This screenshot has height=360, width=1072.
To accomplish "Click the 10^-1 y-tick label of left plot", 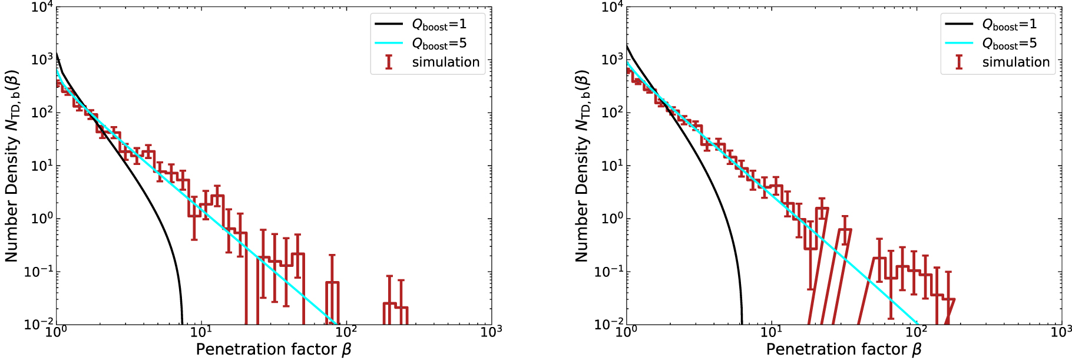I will [39, 272].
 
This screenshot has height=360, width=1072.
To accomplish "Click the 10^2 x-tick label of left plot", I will [346, 332].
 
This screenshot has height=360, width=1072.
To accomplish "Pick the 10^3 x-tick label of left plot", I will [491, 332].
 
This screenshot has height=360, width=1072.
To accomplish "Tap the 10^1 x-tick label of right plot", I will [772, 332].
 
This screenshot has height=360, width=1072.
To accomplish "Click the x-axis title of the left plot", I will [273, 349].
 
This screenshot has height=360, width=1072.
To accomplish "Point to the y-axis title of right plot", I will [582, 166].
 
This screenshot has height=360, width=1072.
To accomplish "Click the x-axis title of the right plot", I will [843, 349].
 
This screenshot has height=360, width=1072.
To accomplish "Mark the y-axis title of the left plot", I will [12, 166].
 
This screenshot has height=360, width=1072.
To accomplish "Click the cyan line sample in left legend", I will [389, 43].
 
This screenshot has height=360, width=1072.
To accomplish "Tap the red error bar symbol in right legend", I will [959, 62].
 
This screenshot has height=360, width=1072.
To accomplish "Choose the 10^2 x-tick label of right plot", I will [917, 332].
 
